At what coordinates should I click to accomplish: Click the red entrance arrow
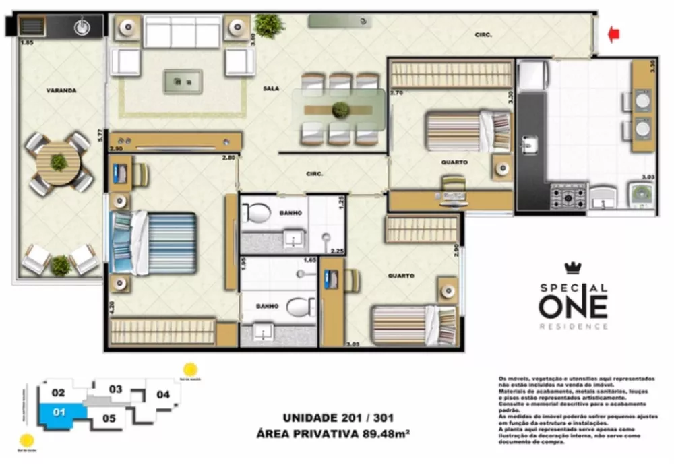[x=613, y=34]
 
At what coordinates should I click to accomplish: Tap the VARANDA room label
[x=61, y=90]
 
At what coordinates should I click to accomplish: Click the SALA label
[x=272, y=88]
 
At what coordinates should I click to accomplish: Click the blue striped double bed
[x=154, y=243]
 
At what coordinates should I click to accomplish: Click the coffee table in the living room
[x=183, y=82]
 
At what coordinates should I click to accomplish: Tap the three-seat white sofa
[x=182, y=32]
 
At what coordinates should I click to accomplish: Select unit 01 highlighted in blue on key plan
[x=59, y=412]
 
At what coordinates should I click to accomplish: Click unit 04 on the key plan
[x=162, y=394]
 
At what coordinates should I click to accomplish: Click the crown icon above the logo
[x=573, y=269]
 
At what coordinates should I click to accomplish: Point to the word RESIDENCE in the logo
[x=573, y=326]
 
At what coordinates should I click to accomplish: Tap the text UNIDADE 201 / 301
[x=334, y=417]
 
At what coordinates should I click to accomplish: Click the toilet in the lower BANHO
[x=299, y=308]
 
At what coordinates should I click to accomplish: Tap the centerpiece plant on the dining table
[x=341, y=109]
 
